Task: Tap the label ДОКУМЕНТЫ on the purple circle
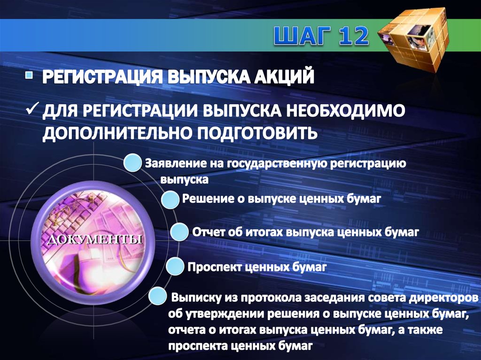click(x=94, y=240)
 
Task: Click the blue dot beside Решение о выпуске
click(x=170, y=199)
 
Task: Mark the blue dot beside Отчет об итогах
click(x=179, y=232)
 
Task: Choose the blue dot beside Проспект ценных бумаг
click(x=174, y=267)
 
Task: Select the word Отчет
click(x=208, y=232)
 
